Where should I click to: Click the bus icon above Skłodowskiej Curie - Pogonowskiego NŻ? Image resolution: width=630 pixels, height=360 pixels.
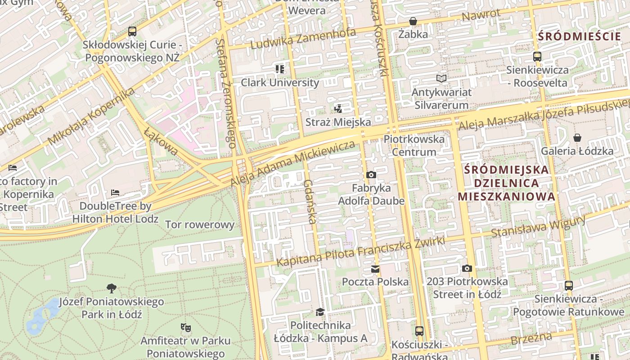[132, 31]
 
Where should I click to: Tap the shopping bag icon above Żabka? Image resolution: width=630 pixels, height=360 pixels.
[413, 21]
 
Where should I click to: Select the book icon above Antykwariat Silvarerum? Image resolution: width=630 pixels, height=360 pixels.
[442, 79]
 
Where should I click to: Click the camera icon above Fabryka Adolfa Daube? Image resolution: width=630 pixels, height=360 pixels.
[371, 175]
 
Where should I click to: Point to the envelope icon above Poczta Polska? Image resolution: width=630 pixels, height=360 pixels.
[375, 269]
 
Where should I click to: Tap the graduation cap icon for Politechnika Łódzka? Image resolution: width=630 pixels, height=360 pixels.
[320, 312]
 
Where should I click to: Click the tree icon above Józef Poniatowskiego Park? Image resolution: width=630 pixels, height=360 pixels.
[111, 288]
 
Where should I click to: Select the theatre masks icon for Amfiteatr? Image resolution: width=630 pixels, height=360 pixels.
[185, 327]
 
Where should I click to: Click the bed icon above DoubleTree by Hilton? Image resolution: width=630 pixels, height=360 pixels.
[115, 193]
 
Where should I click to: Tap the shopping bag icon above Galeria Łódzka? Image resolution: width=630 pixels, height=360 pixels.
[577, 138]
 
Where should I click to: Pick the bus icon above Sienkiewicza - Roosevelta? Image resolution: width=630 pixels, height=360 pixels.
[537, 57]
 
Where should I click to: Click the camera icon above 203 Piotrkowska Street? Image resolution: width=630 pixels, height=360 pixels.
[467, 268]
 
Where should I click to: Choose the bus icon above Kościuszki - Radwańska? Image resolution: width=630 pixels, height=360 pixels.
[419, 331]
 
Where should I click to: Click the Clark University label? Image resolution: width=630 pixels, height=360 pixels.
[280, 82]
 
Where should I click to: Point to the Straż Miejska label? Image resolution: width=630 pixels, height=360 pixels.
[338, 122]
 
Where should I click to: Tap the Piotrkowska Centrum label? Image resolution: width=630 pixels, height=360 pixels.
[414, 145]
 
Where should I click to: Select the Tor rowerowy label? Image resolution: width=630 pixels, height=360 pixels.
[200, 225]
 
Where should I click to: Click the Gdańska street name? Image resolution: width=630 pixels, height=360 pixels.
[309, 202]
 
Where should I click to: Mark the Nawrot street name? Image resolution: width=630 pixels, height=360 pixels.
[481, 15]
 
